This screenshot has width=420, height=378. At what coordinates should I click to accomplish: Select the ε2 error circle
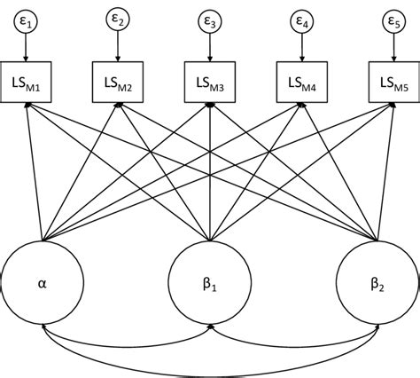click(x=118, y=20)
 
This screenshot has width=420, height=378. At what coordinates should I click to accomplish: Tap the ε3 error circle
click(x=210, y=20)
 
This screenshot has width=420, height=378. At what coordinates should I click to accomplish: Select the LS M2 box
click(x=118, y=84)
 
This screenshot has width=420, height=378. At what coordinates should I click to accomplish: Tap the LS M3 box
click(x=210, y=84)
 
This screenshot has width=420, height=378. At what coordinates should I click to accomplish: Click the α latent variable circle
click(x=42, y=284)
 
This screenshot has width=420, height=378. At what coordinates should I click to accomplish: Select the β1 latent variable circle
click(x=210, y=284)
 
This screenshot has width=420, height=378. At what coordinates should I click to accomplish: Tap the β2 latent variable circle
click(x=378, y=284)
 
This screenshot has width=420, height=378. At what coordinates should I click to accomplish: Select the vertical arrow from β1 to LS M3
click(x=210, y=169)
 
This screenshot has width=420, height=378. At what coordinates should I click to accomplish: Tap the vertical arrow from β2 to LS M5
click(x=386, y=169)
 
